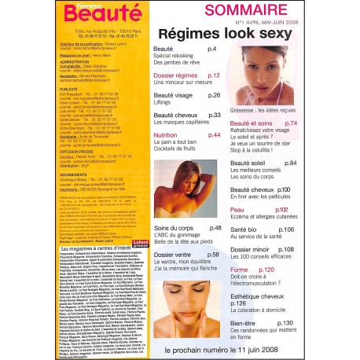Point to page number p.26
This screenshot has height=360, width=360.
click(x=215, y=94)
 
